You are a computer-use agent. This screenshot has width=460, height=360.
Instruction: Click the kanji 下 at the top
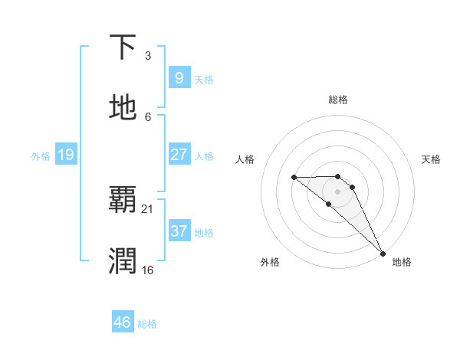(123, 48)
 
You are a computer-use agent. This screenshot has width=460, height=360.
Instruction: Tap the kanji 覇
(123, 200)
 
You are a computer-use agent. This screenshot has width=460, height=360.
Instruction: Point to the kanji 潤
(123, 260)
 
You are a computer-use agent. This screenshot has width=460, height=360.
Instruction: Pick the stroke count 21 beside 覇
(149, 208)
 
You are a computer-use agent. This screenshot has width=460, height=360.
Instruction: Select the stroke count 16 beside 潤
(147, 270)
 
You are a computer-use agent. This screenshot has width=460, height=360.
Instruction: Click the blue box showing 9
(179, 78)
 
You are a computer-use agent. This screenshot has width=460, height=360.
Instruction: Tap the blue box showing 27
(179, 155)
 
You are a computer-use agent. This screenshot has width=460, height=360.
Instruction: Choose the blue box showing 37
(179, 231)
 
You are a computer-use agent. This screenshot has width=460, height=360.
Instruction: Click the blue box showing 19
(65, 155)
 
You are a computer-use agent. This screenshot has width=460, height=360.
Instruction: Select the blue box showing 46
(122, 322)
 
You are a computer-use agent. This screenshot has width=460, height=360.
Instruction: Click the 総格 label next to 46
(147, 324)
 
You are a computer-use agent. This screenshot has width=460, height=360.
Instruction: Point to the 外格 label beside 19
(41, 156)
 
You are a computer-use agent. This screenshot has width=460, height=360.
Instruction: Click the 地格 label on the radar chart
(402, 262)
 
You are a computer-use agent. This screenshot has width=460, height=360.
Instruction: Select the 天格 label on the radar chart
(431, 159)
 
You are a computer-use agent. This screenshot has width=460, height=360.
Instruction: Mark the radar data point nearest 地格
(382, 253)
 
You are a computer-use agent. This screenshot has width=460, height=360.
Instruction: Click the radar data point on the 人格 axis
(294, 178)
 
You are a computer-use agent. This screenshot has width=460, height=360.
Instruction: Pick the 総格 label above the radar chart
(338, 100)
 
